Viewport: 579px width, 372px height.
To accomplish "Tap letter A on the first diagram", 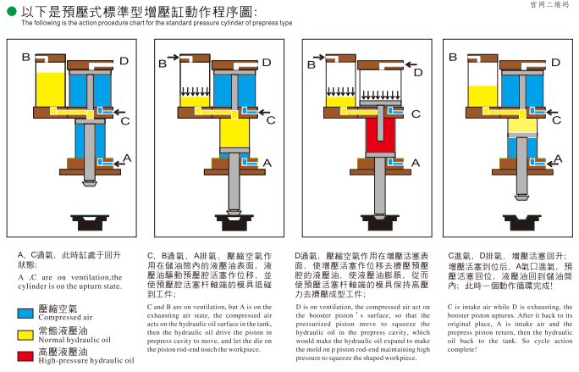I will (127, 158).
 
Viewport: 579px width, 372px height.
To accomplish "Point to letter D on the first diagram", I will (124, 61).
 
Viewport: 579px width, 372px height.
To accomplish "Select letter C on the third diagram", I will (416, 114).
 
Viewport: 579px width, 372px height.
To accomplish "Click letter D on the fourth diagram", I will (556, 62).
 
